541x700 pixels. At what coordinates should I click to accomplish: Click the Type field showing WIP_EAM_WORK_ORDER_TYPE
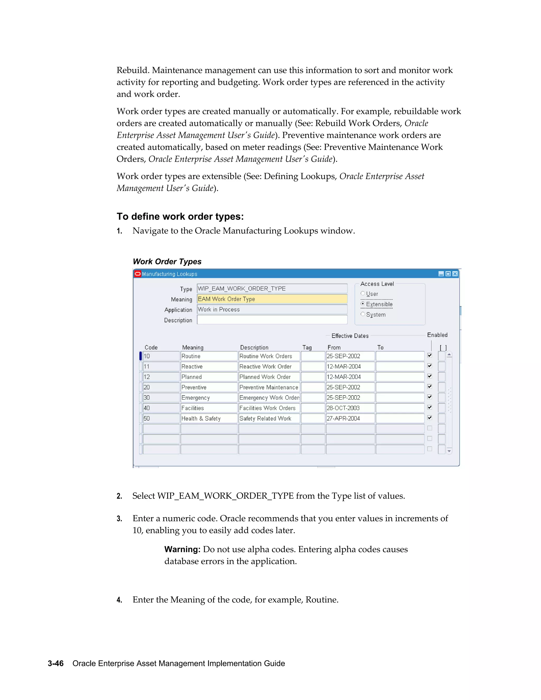[x=272, y=288]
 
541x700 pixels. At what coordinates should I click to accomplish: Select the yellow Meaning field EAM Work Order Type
[x=272, y=299]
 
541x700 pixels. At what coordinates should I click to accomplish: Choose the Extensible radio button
[x=363, y=304]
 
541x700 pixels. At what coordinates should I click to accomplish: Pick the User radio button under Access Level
[x=363, y=293]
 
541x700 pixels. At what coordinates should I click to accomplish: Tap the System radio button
[x=363, y=314]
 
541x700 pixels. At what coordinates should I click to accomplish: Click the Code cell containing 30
[x=161, y=398]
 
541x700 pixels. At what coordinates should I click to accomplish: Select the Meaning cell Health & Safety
[x=209, y=418]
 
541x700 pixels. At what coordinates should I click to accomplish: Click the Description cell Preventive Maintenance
[x=269, y=387]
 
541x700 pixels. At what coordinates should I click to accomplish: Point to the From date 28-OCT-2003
[x=350, y=408]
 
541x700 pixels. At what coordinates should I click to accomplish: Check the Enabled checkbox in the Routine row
[x=430, y=356]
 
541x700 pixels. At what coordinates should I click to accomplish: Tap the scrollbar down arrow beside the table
[x=449, y=451]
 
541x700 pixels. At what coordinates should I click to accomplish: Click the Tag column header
[x=307, y=347]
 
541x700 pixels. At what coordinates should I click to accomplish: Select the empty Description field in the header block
[x=272, y=320]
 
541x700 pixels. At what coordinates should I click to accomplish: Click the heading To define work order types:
[x=180, y=216]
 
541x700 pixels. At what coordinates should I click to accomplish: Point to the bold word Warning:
[x=182, y=549]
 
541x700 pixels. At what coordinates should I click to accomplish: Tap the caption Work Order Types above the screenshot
[x=167, y=262]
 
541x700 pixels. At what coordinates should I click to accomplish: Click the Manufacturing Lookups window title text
[x=170, y=274]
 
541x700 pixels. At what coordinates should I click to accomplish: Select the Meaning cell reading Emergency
[x=209, y=398]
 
